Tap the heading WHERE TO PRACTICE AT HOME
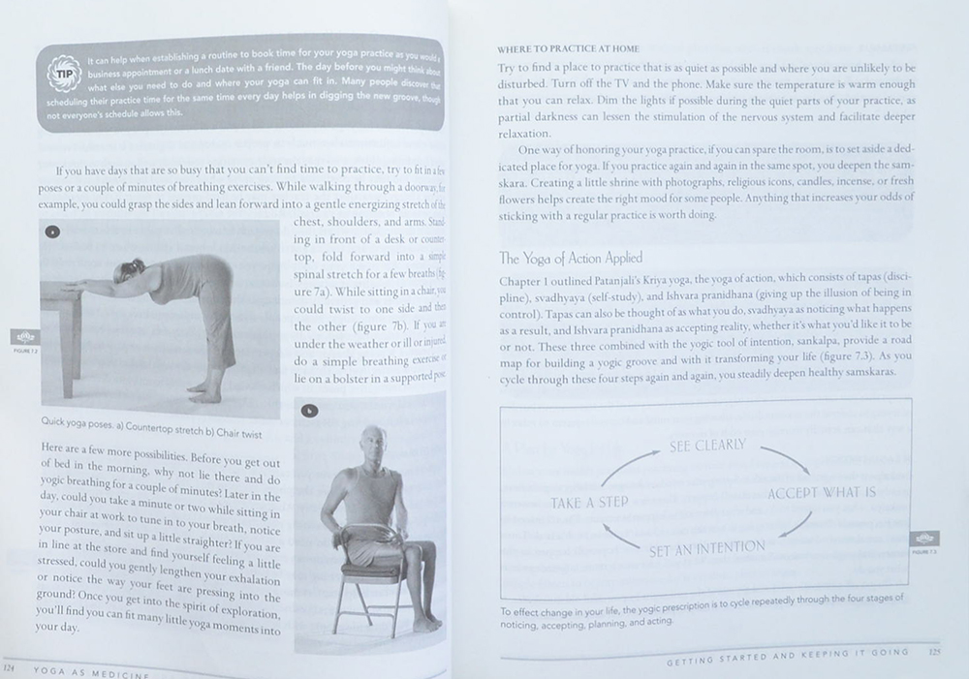pos(576,48)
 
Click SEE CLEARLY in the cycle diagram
pos(707,446)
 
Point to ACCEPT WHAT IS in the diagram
pos(822,493)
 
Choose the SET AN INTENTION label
pos(705,547)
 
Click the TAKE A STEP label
pos(589,503)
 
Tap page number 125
pos(934,652)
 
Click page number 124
pos(11,667)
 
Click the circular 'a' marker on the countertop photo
pos(51,231)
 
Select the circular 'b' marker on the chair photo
pos(309,410)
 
